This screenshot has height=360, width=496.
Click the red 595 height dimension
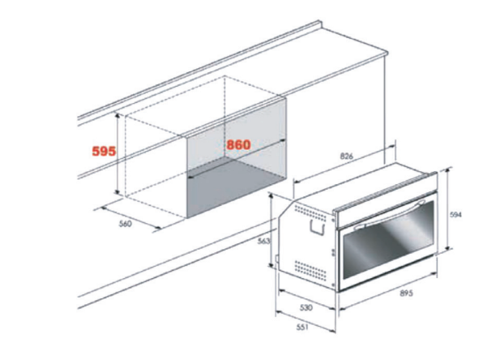click(x=104, y=151)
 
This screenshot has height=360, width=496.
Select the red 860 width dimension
click(x=238, y=144)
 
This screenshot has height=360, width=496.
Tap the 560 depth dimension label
click(x=126, y=224)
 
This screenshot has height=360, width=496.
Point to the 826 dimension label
click(x=346, y=156)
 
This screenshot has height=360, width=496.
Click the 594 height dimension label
click(x=455, y=215)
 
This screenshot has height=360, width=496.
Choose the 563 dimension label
click(x=264, y=241)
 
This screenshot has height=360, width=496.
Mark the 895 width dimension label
click(x=406, y=294)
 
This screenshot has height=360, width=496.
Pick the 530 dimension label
click(x=306, y=307)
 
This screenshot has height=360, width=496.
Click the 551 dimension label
click(x=302, y=327)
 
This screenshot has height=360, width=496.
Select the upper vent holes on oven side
click(x=310, y=212)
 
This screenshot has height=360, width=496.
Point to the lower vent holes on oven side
click(x=310, y=270)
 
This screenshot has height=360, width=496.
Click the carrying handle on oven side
click(x=317, y=228)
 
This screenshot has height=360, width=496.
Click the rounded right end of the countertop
click(x=386, y=53)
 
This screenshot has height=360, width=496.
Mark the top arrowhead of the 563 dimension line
click(x=271, y=196)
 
